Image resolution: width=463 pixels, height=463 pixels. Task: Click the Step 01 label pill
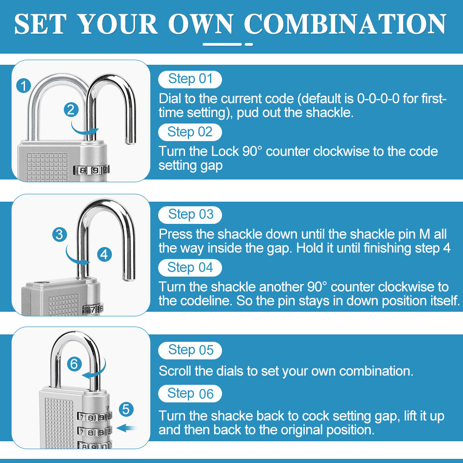[190, 79]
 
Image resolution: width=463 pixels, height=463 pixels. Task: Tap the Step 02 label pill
[190, 132]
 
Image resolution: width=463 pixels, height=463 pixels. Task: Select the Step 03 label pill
[190, 215]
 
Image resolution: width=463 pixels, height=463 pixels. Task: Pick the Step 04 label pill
[190, 268]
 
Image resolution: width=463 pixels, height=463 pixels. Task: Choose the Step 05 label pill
[190, 350]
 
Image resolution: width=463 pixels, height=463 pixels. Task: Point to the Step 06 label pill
[190, 394]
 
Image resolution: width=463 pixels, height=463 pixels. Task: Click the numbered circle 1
[23, 86]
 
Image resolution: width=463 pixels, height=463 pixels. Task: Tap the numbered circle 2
[70, 110]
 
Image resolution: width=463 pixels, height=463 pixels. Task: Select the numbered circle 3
[59, 235]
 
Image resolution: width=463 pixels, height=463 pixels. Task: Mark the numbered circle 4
[105, 254]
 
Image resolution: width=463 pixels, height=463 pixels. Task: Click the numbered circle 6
[74, 364]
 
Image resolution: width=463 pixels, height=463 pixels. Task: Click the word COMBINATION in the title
[345, 24]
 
